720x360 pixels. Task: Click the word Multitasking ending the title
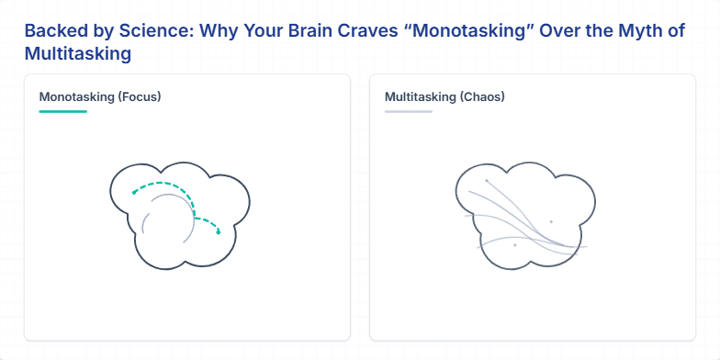[x=78, y=53]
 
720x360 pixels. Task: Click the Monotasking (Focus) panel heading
[x=100, y=96]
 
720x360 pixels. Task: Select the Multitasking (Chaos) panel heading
[x=444, y=96]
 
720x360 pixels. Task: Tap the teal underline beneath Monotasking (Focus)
[x=62, y=111]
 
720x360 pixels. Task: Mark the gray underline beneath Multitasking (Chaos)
[x=408, y=111]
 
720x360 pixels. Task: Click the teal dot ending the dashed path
[x=219, y=232]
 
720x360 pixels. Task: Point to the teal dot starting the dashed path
[x=134, y=193]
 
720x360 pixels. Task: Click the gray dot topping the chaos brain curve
[x=487, y=181]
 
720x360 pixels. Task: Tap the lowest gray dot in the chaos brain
[x=515, y=245]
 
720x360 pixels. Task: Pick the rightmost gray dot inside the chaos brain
[x=551, y=221]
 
